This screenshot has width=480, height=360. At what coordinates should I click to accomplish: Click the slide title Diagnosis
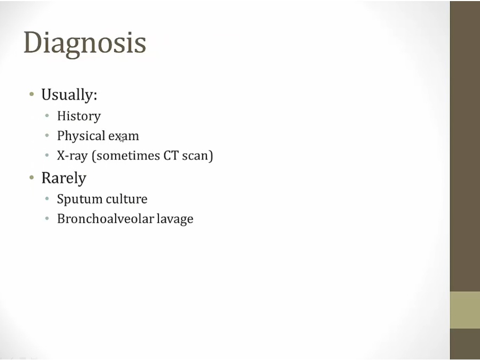(85, 44)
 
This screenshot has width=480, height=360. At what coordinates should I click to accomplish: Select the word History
(79, 116)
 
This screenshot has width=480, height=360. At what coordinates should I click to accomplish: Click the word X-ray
(72, 156)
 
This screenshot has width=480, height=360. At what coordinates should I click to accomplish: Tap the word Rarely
(64, 178)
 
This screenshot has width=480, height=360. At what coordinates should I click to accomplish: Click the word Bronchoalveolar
(105, 219)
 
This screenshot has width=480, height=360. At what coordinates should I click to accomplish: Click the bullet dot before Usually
(31, 94)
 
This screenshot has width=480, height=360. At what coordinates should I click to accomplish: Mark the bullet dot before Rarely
(31, 177)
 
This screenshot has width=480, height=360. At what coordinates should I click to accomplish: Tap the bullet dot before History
(47, 116)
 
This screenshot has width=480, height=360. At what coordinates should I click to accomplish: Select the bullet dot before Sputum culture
(47, 199)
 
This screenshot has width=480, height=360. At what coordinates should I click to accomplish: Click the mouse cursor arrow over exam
(122, 138)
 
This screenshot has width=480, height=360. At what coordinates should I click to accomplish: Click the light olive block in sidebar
(465, 310)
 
